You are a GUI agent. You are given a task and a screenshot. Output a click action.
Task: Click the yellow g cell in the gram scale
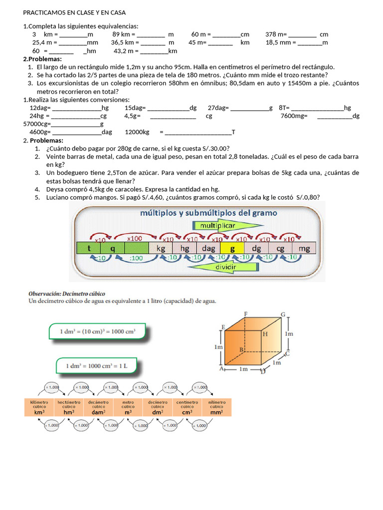point(232,248)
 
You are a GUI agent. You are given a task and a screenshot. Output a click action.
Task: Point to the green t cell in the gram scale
point(89,248)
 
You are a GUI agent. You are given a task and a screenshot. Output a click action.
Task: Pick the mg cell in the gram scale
point(304,248)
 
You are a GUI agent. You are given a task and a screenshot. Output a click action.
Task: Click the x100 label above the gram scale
point(135,239)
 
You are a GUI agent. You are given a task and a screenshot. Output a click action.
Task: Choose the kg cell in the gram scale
point(161,248)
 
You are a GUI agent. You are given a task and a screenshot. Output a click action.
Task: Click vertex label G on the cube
point(283,314)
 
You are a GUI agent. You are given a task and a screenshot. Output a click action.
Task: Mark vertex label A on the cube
point(221,369)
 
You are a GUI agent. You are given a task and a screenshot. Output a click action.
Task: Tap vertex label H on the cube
point(265,335)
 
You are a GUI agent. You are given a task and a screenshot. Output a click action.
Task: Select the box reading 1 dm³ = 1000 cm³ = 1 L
point(97,366)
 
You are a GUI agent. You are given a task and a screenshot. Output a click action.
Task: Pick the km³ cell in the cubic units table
point(39,407)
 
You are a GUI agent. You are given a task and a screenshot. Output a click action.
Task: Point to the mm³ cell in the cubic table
point(216,407)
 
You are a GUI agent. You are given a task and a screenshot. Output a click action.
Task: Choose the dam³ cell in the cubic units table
point(98,407)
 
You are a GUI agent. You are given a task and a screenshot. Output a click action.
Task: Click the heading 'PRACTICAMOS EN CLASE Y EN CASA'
point(74,12)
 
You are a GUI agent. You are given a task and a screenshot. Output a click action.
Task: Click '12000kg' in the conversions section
point(137,132)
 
